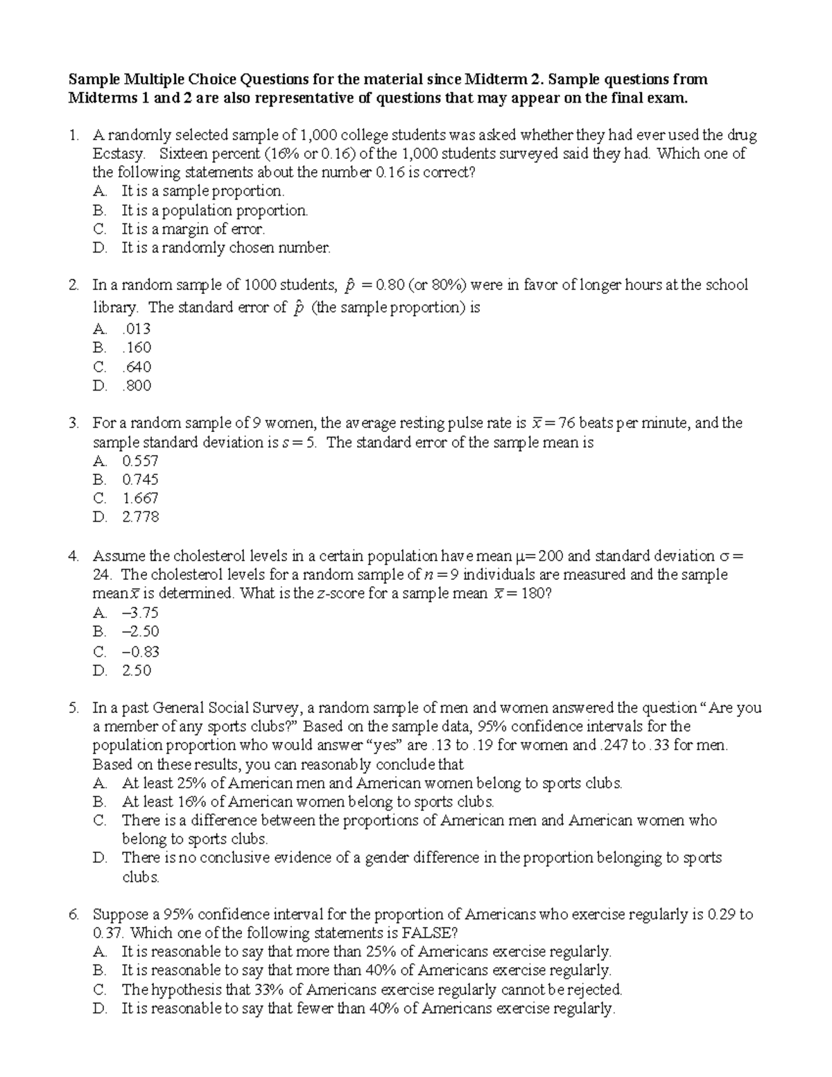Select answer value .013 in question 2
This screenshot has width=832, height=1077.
(136, 329)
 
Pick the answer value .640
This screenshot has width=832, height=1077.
(137, 367)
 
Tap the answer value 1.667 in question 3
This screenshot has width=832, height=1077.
(140, 498)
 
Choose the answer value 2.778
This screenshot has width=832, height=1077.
(140, 517)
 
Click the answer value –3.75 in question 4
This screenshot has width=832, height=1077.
(140, 612)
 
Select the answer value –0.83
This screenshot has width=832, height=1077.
(140, 651)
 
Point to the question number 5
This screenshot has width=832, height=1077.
(74, 708)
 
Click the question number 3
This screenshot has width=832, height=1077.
(74, 423)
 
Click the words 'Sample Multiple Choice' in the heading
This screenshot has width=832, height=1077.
(142, 79)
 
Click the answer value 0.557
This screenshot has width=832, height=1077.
(140, 461)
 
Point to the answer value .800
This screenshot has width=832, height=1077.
(137, 386)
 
